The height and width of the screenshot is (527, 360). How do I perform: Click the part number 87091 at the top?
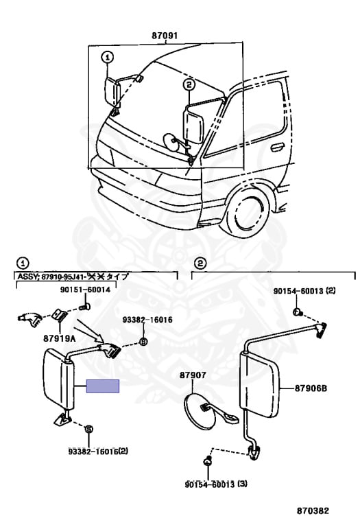pos(165,36)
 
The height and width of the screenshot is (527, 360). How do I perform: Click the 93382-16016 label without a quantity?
pos(147,320)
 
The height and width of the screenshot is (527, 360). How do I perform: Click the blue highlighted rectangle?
pos(102,386)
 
